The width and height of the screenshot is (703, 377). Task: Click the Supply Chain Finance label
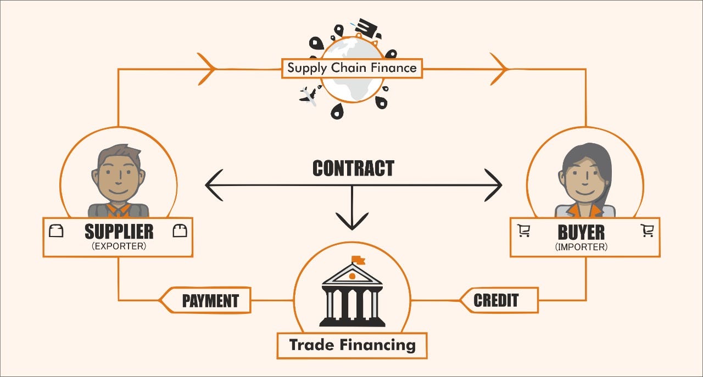coord(352,69)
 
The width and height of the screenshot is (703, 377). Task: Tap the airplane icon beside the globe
coord(308,97)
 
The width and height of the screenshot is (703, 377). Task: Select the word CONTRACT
coord(353,168)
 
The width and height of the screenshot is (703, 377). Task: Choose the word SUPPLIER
coord(119,232)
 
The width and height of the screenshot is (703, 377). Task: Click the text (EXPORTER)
coord(119,247)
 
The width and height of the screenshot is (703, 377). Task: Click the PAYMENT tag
coord(209,301)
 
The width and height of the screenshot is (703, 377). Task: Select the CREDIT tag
coord(496,300)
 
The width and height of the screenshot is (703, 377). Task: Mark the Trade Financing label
coord(352,345)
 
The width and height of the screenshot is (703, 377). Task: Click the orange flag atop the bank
coord(358,259)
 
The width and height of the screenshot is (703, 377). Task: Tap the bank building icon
coord(352,296)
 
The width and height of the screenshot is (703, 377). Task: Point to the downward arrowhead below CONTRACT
coord(352,222)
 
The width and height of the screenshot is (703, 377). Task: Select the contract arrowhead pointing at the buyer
coord(494,184)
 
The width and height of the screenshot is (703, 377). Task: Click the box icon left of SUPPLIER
coord(56,231)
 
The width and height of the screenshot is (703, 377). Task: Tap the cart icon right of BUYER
coord(647,231)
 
